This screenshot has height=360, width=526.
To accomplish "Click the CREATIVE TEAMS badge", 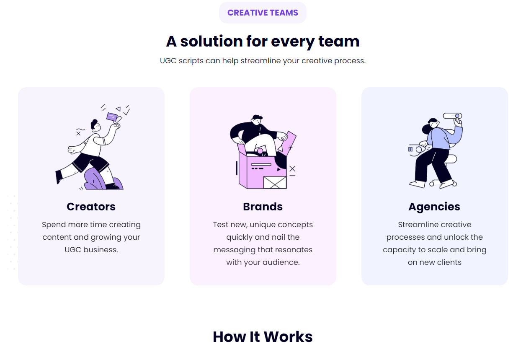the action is pyautogui.click(x=263, y=13).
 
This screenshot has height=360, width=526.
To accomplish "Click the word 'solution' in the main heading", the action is pyautogui.click(x=211, y=41).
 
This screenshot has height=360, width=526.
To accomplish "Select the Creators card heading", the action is pyautogui.click(x=91, y=207).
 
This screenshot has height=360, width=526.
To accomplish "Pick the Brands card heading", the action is pyautogui.click(x=263, y=207).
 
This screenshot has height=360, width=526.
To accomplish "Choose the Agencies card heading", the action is pyautogui.click(x=434, y=207).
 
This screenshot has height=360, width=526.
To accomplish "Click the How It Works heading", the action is pyautogui.click(x=263, y=337).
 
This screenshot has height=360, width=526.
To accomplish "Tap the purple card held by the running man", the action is pyautogui.click(x=112, y=117).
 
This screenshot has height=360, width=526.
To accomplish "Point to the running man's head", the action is pyautogui.click(x=95, y=126).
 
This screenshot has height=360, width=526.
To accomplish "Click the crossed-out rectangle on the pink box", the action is pyautogui.click(x=275, y=182).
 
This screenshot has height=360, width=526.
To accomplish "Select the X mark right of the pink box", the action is pyautogui.click(x=292, y=168).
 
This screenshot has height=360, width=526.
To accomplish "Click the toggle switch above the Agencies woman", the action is pyautogui.click(x=452, y=116).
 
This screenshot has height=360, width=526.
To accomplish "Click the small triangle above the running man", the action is pyautogui.click(x=118, y=109).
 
